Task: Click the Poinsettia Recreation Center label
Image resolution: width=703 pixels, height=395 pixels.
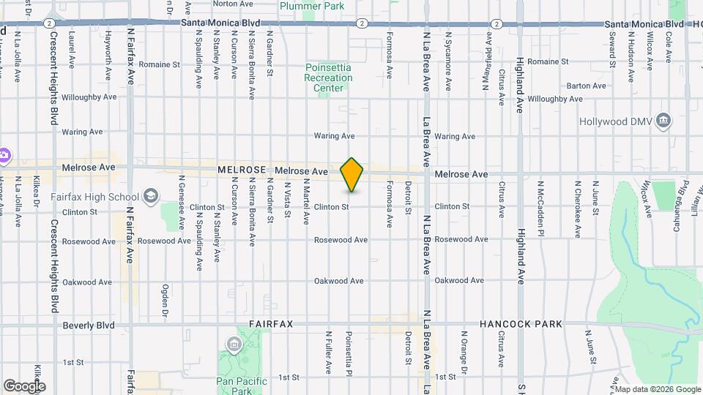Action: click(x=329, y=78)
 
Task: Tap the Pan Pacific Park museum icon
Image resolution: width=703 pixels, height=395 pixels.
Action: click(x=234, y=345)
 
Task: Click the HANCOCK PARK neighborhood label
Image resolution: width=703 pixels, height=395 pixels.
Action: click(x=521, y=324)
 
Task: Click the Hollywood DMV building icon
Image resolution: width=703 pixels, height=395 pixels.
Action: click(x=663, y=120)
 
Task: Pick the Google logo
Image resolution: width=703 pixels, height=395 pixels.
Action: click(x=23, y=385)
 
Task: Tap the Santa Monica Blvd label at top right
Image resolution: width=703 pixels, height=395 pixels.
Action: click(x=644, y=24)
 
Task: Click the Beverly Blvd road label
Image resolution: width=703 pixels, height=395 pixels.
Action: click(x=89, y=325)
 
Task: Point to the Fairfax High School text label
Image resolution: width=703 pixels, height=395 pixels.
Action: click(x=95, y=197)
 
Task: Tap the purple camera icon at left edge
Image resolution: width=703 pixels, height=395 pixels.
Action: click(x=4, y=154)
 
